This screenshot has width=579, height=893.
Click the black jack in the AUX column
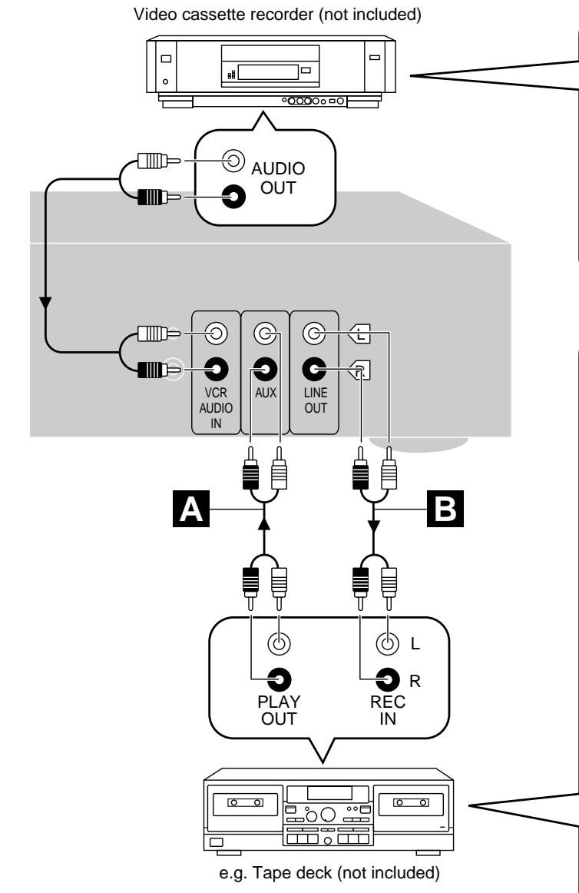coord(264,369)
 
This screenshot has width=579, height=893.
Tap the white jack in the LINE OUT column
coord(313,334)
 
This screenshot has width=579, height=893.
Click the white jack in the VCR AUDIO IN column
coord(216,334)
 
